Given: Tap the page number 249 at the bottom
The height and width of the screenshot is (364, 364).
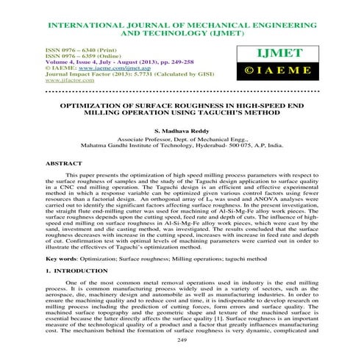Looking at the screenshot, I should [182, 340].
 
